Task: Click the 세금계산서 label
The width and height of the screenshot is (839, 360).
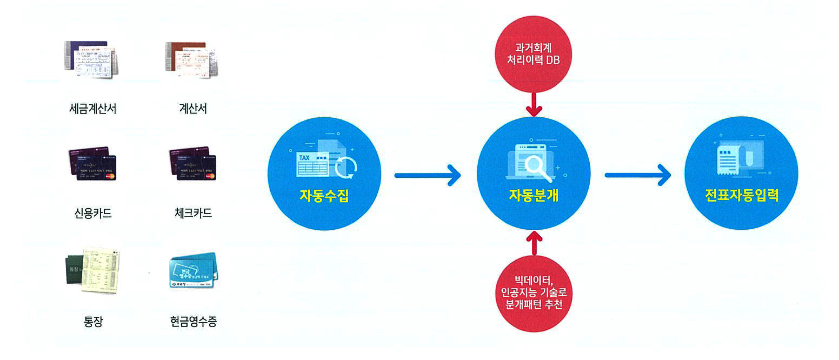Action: [x=93, y=108]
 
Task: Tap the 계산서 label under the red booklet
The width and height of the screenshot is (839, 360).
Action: [x=193, y=108]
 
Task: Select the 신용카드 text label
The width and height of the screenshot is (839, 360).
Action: [x=93, y=213]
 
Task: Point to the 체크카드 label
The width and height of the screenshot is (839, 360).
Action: [x=193, y=213]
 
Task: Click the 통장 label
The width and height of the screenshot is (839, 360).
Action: [x=93, y=321]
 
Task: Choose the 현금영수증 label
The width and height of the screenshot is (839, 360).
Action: [x=194, y=321]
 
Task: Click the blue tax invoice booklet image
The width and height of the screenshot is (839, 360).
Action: [x=91, y=59]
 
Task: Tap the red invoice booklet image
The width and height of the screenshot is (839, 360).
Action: [x=192, y=59]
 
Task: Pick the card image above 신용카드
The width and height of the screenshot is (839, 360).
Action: [x=93, y=163]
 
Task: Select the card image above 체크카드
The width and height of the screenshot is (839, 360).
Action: [x=193, y=163]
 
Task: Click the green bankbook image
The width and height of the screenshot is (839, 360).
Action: [x=93, y=270]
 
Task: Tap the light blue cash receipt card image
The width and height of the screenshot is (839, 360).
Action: [x=194, y=270]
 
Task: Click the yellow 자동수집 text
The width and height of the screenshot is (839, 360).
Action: [x=324, y=196]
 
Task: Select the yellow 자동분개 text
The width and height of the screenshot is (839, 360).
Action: [x=533, y=195]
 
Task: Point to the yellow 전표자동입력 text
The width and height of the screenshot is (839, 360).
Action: [x=742, y=195]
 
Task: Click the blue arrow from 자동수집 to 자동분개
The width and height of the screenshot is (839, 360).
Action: [x=427, y=175]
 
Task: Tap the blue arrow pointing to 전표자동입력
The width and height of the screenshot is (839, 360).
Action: [x=637, y=175]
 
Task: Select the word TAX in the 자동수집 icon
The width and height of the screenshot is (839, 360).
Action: [x=304, y=158]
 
